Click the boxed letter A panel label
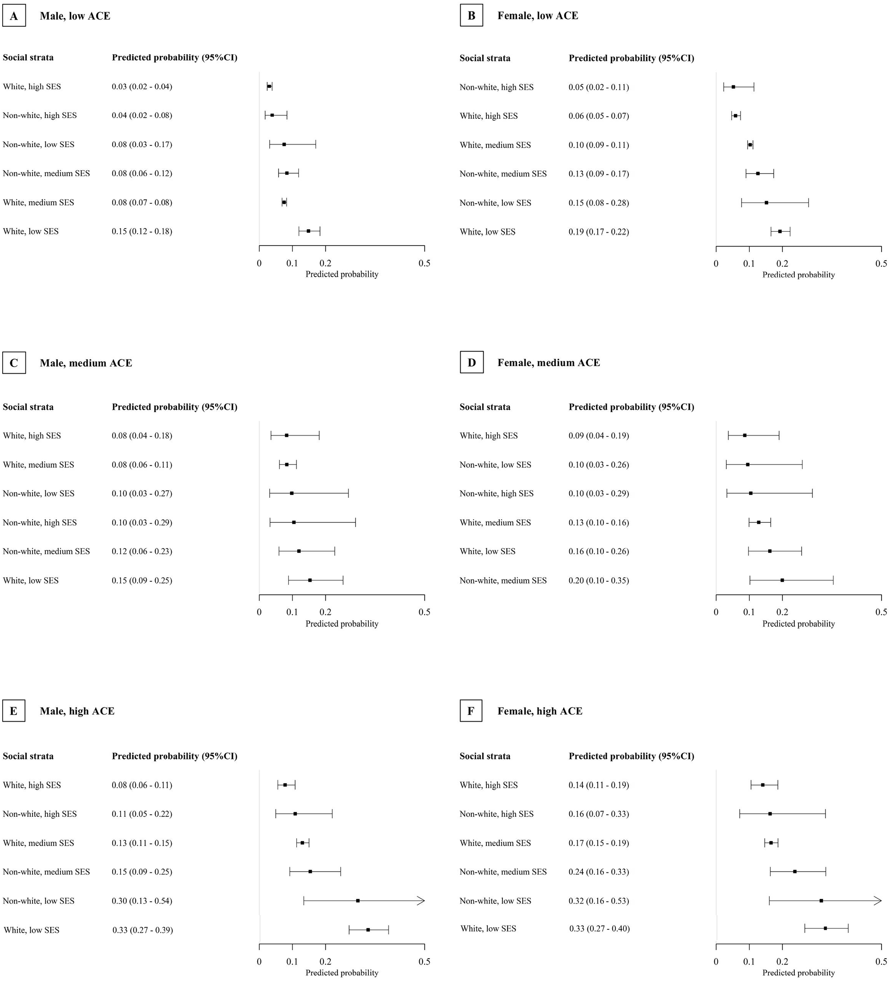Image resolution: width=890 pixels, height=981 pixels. coord(14,16)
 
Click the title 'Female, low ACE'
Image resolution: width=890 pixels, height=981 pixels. coord(537,16)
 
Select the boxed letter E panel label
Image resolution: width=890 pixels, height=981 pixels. coord(14,711)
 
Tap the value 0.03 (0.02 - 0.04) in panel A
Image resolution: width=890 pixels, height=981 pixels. coord(142,87)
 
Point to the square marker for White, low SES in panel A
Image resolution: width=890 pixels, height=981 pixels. coord(308,231)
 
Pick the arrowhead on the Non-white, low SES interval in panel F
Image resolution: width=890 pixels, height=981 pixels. coord(878,901)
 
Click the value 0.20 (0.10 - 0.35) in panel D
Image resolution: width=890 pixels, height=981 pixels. coord(598,581)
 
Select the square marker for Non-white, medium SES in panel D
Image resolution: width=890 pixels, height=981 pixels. coord(782,580)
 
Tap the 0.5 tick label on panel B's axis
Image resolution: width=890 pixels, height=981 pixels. coord(881,264)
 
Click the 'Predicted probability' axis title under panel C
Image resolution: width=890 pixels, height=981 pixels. coord(342,624)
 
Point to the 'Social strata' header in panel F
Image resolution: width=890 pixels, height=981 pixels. coord(485,756)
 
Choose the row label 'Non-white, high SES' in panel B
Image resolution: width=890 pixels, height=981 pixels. coord(496,87)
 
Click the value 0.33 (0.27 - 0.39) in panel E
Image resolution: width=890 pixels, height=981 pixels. coord(142,930)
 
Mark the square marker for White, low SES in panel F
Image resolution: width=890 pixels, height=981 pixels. coord(825,929)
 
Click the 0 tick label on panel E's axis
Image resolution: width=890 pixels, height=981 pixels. coord(259,961)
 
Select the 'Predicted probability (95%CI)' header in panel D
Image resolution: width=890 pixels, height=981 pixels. coord(631,407)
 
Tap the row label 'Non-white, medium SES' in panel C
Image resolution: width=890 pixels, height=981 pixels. coord(46,551)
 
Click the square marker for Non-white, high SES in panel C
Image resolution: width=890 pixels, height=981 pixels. coord(293,522)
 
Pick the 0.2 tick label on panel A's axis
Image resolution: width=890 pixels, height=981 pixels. coord(325,263)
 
